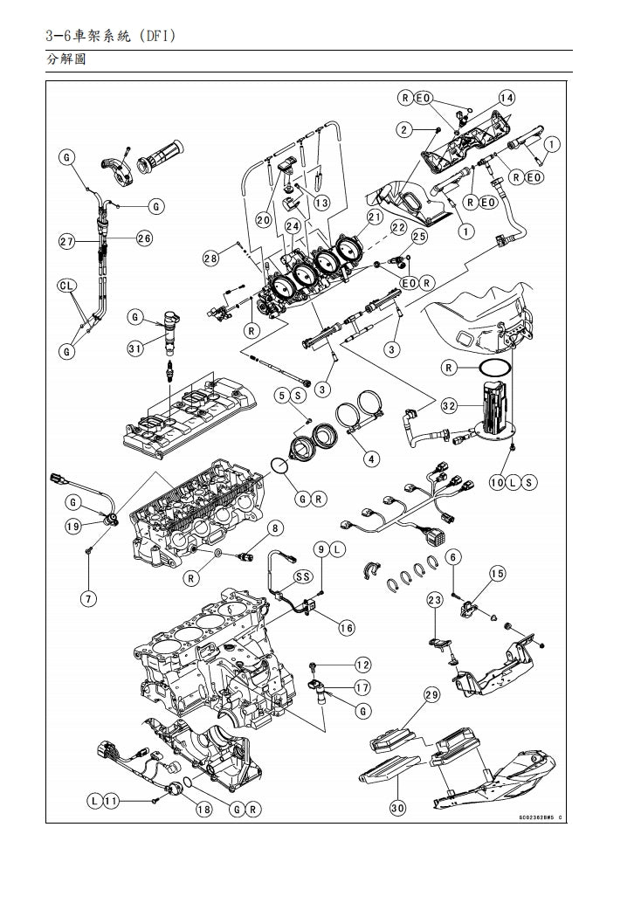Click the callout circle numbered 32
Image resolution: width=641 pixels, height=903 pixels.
pyautogui.click(x=449, y=405)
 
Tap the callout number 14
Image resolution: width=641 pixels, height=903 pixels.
pyautogui.click(x=507, y=98)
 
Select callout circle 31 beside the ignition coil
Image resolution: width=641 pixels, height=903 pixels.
pyautogui.click(x=134, y=348)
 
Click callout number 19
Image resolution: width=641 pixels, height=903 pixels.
pyautogui.click(x=73, y=526)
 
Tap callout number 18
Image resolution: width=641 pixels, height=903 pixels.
pyautogui.click(x=203, y=810)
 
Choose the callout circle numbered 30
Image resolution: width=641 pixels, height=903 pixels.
pyautogui.click(x=397, y=808)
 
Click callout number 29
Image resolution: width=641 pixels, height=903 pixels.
pyautogui.click(x=431, y=695)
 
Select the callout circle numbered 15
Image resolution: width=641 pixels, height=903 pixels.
pyautogui.click(x=497, y=574)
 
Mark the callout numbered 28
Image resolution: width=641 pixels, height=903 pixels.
pyautogui.click(x=210, y=258)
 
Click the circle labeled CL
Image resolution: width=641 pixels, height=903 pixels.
pyautogui.click(x=67, y=286)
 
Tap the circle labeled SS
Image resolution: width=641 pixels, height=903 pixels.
pyautogui.click(x=303, y=576)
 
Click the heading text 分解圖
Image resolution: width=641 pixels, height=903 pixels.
pyautogui.click(x=65, y=60)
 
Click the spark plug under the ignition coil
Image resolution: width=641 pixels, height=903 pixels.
pyautogui.click(x=168, y=370)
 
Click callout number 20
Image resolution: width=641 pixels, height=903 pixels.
pyautogui.click(x=264, y=220)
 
